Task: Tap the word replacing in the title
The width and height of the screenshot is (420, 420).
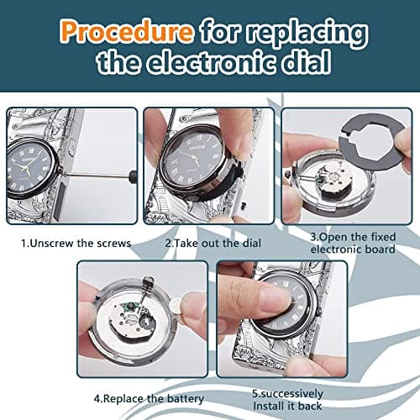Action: [312, 34]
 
